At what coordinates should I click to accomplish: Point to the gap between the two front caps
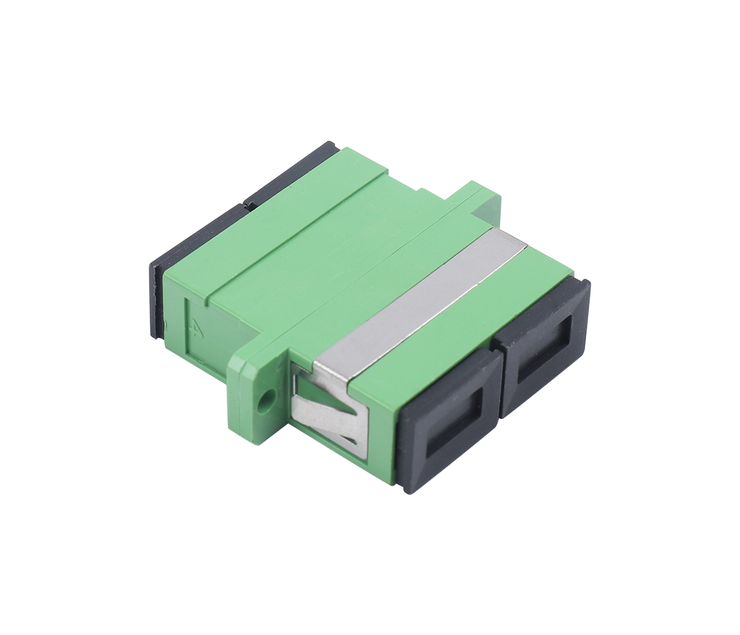point(501,383)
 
